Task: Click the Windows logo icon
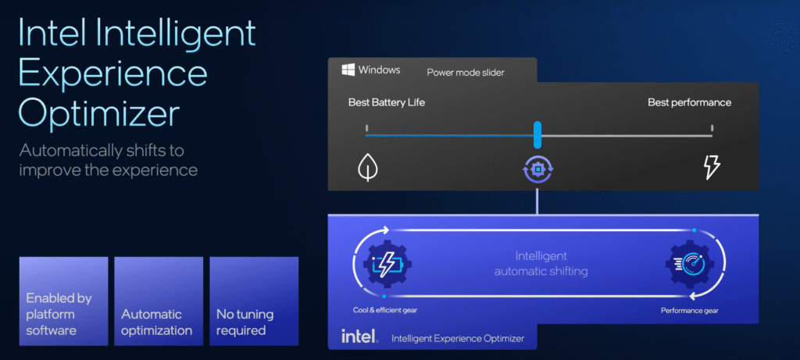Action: point(348,70)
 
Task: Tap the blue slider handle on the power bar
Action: point(537,134)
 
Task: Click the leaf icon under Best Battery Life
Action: point(366,167)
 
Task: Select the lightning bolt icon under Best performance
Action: point(712,166)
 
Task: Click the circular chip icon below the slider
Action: point(537,169)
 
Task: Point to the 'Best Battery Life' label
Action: point(387,102)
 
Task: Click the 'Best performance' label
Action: point(689,102)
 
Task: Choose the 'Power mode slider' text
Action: point(465,73)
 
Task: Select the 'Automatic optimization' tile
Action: point(158,301)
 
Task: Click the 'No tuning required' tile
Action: point(254,301)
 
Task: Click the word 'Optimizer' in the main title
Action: point(98,113)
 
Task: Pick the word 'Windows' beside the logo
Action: point(380,70)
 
